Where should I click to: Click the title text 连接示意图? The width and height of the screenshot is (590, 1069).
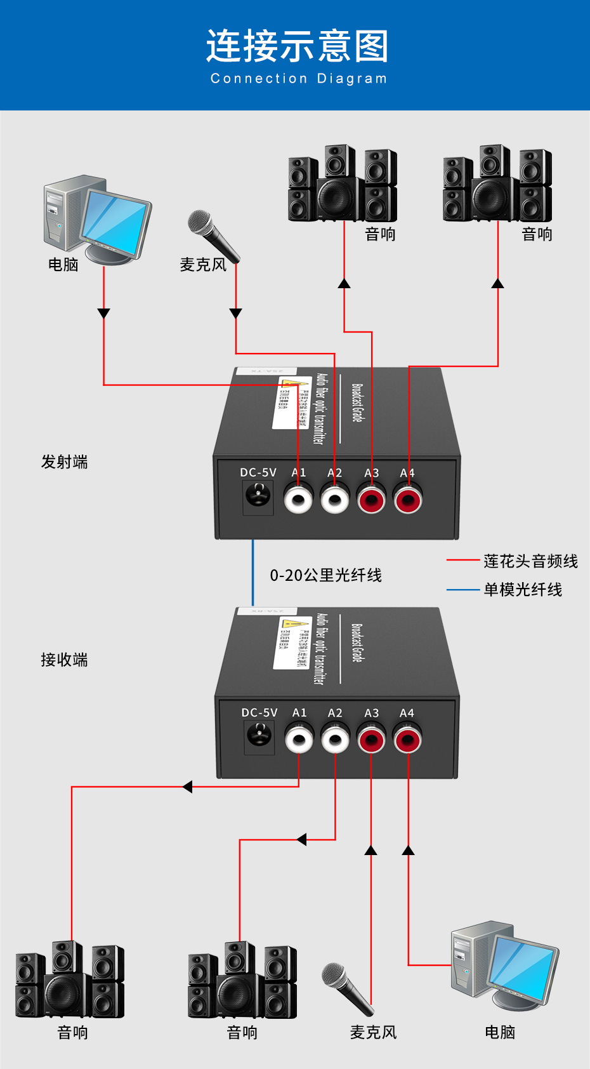[x=297, y=46]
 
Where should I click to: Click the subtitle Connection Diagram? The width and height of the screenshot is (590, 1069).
[x=298, y=79]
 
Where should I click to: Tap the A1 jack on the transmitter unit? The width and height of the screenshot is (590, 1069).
[x=298, y=499]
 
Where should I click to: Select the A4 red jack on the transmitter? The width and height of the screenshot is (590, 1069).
[x=407, y=499]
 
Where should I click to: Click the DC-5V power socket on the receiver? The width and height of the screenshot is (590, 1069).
[x=259, y=736]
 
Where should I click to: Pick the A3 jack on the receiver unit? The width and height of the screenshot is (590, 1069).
[x=371, y=740]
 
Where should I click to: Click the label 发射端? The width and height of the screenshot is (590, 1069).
[x=64, y=462]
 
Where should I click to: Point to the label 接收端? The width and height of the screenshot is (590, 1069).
[x=64, y=660]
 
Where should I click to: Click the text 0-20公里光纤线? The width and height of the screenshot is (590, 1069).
[x=325, y=576]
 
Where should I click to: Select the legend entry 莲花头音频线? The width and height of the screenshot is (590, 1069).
[x=530, y=561]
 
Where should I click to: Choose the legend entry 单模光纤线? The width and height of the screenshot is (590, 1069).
[x=523, y=590]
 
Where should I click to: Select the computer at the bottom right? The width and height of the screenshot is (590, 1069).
[x=504, y=965]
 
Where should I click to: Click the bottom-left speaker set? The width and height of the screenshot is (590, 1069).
[x=70, y=981]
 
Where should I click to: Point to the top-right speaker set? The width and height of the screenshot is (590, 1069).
[x=497, y=184]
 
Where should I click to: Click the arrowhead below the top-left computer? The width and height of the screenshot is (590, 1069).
[x=103, y=314]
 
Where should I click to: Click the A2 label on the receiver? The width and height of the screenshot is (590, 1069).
[x=335, y=714]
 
